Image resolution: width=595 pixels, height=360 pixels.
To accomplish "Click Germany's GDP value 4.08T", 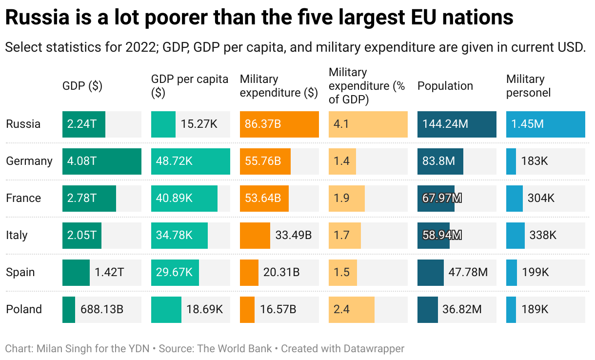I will click(82, 161).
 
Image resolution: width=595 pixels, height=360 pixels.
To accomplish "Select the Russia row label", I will click(23, 124).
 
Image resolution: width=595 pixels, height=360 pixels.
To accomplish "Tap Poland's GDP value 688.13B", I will click(102, 309).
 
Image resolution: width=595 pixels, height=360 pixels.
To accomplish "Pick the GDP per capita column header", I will click(190, 86).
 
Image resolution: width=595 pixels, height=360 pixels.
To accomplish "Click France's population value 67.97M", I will click(442, 198).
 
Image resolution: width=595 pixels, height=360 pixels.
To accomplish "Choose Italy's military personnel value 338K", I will click(543, 235).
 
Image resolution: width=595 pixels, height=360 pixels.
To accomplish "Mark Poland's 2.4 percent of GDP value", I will click(341, 309).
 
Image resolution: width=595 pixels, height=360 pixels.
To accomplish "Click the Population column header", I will click(445, 86).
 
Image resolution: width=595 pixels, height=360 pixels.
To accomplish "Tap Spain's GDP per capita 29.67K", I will click(174, 272).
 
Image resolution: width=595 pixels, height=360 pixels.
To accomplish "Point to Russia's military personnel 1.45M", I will click(527, 124).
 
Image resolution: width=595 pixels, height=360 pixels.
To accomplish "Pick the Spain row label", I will click(20, 272).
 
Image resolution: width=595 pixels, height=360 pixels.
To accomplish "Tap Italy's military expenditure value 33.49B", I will click(294, 235).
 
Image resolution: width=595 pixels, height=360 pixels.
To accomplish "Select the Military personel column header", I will click(528, 86).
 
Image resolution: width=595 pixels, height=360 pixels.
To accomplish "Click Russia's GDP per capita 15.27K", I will click(199, 124).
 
